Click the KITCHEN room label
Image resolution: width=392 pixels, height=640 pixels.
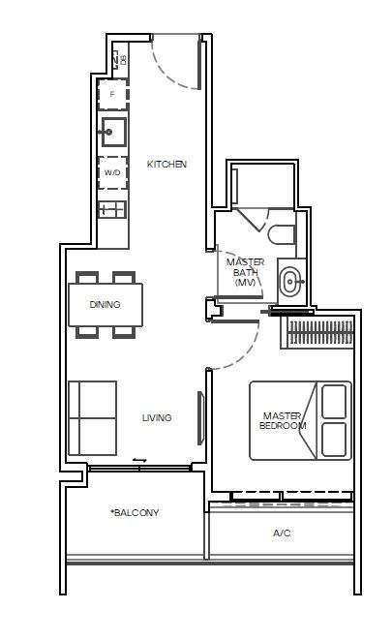click(x=166, y=165)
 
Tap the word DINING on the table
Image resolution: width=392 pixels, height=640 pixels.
click(x=105, y=305)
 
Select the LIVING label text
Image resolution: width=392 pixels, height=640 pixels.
click(x=157, y=418)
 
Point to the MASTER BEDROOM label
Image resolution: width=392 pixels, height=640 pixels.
click(x=284, y=421)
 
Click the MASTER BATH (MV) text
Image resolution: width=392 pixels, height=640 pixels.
click(x=245, y=272)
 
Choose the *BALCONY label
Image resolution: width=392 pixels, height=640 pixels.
click(x=135, y=513)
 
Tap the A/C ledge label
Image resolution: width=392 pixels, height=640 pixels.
click(x=282, y=533)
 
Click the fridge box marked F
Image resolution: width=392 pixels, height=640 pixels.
click(x=112, y=94)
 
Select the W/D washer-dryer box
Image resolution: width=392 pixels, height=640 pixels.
click(x=112, y=172)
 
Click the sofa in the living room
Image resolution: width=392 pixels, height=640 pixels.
click(x=92, y=417)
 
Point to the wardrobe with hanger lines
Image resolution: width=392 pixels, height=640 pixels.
click(x=318, y=334)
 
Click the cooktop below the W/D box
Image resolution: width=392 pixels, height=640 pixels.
click(x=111, y=208)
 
